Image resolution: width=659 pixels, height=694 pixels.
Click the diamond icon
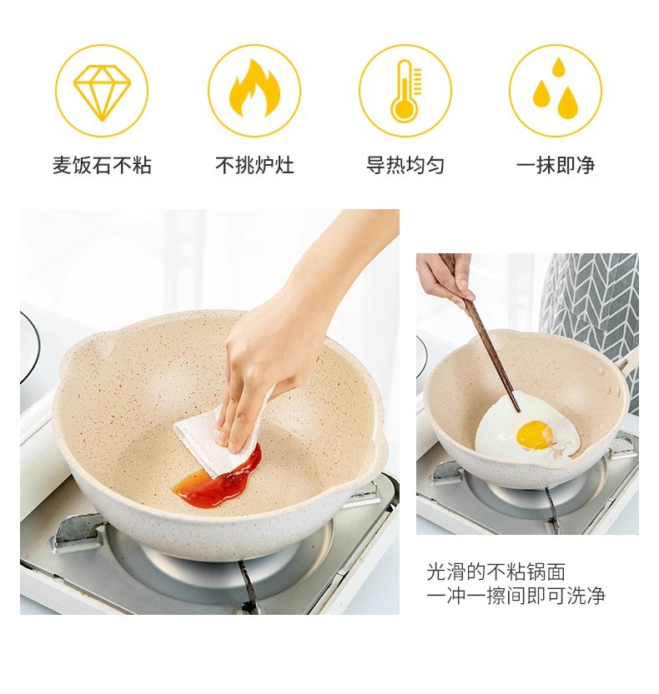[102, 92]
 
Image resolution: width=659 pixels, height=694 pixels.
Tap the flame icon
[254, 88]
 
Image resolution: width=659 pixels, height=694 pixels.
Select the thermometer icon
[405, 90]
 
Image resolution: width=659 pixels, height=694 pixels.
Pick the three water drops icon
[555, 88]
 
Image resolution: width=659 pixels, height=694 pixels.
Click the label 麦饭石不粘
[102, 166]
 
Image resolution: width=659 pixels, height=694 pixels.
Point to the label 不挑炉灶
[254, 166]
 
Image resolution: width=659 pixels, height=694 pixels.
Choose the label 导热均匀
[405, 166]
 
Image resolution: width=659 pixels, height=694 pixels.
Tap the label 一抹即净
[556, 166]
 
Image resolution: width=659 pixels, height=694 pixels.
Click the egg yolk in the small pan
[535, 434]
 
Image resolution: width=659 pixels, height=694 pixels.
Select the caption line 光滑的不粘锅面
[496, 572]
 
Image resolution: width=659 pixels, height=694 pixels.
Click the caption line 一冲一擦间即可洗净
[516, 597]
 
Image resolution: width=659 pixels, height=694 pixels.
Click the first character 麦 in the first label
[62, 166]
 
